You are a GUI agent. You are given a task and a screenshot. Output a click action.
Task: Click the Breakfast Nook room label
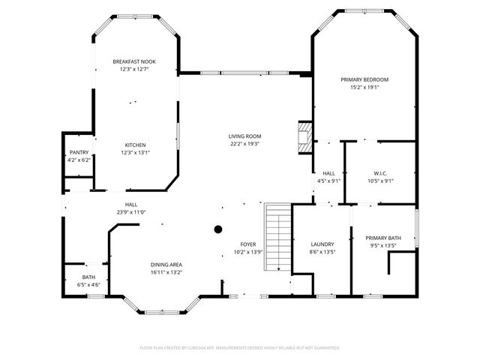pyautogui.click(x=135, y=61)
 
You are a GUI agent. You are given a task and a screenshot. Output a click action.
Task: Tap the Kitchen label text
pyautogui.click(x=135, y=145)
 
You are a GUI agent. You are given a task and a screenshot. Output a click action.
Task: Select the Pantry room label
pyautogui.click(x=79, y=152)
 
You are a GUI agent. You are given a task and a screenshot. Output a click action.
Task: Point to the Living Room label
pyautogui.click(x=244, y=136)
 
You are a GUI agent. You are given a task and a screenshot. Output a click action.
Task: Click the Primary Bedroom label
pyautogui.click(x=364, y=79)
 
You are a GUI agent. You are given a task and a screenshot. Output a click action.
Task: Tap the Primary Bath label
pyautogui.click(x=383, y=238)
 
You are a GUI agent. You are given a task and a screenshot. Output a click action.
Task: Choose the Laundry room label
pyautogui.click(x=322, y=244)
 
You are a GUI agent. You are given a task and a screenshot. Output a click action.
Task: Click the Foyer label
pyautogui.click(x=248, y=244)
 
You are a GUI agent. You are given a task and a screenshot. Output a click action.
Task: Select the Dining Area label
pyautogui.click(x=166, y=264)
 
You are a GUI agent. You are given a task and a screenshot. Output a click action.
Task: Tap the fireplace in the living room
pyautogui.click(x=303, y=137)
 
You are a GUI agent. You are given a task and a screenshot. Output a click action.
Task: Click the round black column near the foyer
pyautogui.click(x=218, y=229)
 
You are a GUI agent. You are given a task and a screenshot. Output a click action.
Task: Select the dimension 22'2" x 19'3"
pyautogui.click(x=244, y=144)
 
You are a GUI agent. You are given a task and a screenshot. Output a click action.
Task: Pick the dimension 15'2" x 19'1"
pyautogui.click(x=364, y=87)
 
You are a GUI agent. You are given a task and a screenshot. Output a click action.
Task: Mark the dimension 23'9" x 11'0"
pyautogui.click(x=131, y=212)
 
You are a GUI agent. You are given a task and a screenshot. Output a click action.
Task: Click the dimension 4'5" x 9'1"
pyautogui.click(x=328, y=181)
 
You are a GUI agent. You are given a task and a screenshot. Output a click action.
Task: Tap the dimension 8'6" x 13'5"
pyautogui.click(x=322, y=252)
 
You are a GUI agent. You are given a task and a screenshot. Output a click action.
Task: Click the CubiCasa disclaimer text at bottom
pyautogui.click(x=240, y=348)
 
